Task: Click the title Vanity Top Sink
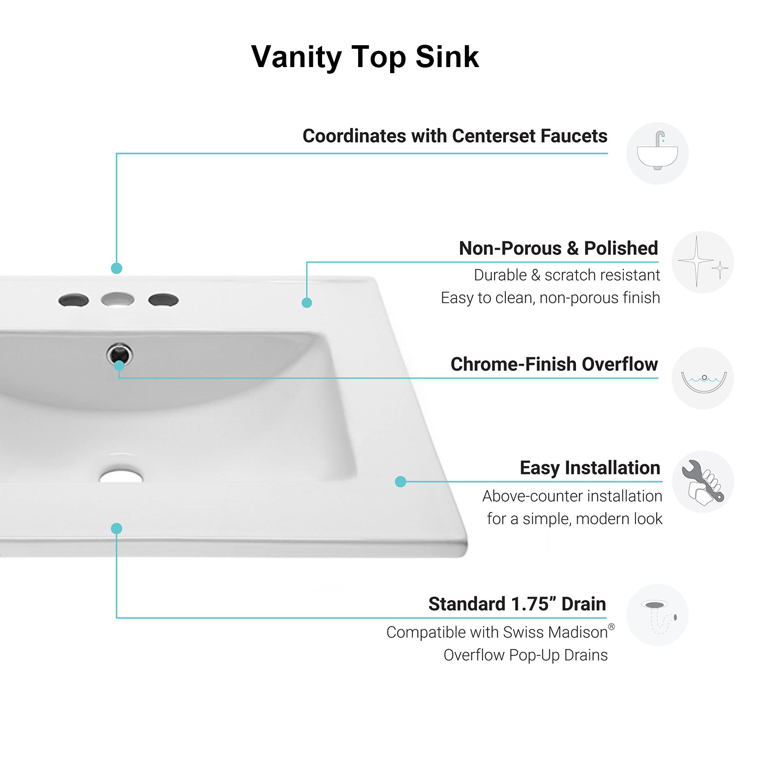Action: click(365, 57)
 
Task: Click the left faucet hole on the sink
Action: click(74, 300)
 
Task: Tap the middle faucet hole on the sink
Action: click(117, 299)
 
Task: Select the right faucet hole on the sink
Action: click(163, 300)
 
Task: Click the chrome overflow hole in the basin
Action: click(119, 354)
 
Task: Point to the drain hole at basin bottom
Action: click(121, 477)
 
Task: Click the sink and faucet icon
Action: click(657, 153)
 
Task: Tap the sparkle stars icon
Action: click(703, 262)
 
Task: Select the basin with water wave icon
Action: click(703, 378)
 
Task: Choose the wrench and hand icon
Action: click(703, 482)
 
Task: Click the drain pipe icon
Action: click(657, 615)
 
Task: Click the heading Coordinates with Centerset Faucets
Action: click(455, 136)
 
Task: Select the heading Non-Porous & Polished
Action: click(558, 248)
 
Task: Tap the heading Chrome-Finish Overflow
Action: click(554, 364)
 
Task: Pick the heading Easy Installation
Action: click(590, 468)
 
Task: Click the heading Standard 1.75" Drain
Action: click(517, 604)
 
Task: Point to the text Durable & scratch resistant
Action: click(566, 275)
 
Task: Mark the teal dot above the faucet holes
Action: click(116, 268)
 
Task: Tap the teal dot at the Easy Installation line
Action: click(400, 482)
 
